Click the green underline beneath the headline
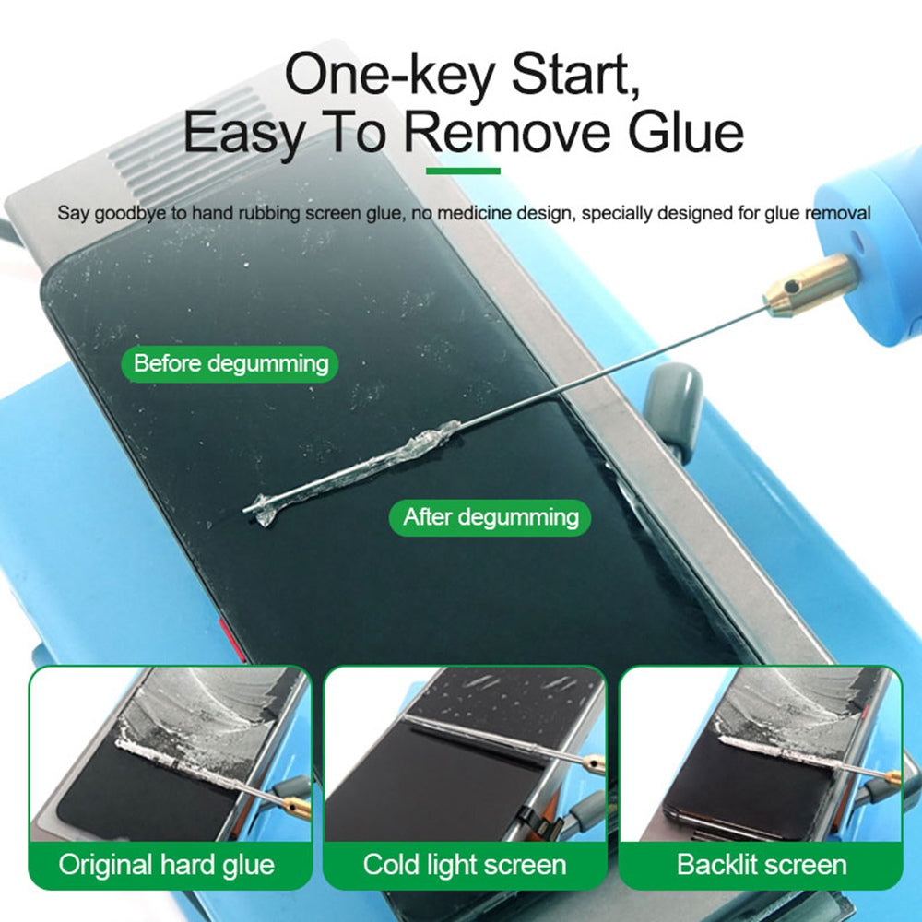click(x=463, y=171)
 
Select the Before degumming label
click(x=230, y=363)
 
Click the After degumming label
click(x=491, y=517)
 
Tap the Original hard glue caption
click(x=167, y=865)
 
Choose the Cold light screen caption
click(x=464, y=865)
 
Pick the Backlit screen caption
click(x=761, y=865)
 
